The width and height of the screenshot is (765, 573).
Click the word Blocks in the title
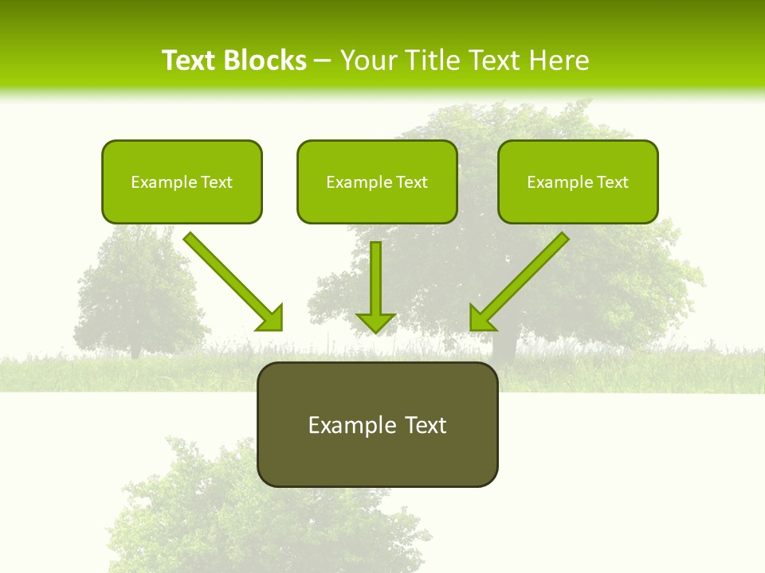(x=266, y=60)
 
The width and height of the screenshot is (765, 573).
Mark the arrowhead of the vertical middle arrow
(x=375, y=322)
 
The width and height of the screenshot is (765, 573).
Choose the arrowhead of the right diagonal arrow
(x=481, y=319)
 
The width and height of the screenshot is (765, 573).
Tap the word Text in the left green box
(x=216, y=182)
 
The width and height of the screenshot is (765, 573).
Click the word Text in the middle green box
(x=411, y=182)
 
